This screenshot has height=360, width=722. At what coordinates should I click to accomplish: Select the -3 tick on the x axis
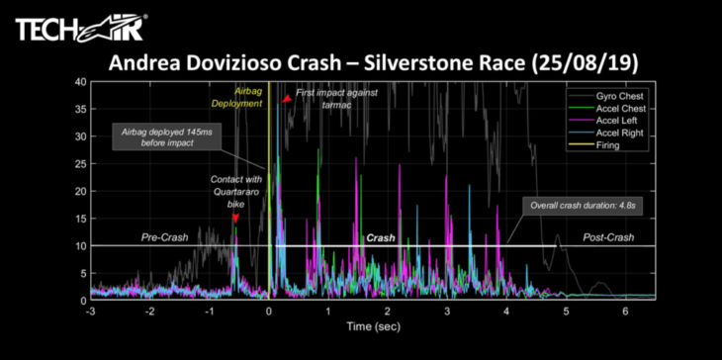(x=90, y=311)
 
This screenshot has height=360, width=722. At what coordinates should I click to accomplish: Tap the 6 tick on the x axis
(x=625, y=311)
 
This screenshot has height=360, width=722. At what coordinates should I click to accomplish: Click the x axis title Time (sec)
(x=373, y=326)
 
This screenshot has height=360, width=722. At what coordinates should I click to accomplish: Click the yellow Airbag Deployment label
(x=236, y=97)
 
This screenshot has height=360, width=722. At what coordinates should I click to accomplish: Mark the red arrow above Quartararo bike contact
(x=235, y=218)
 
